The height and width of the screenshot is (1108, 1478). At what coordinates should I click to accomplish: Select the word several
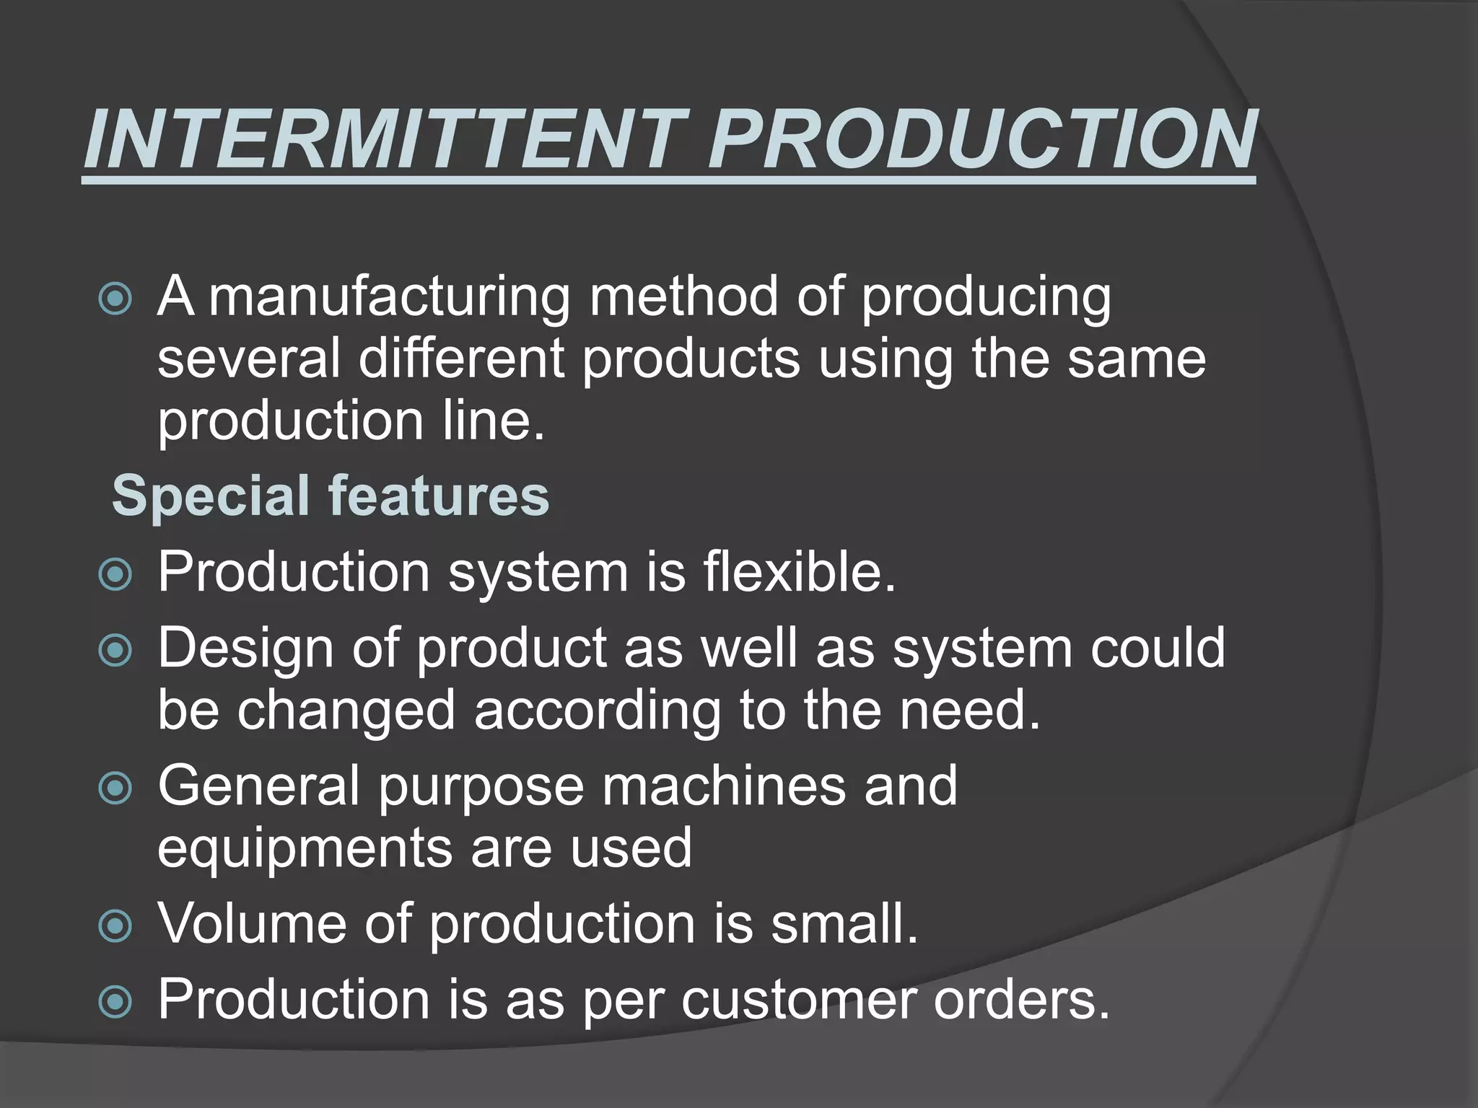(248, 359)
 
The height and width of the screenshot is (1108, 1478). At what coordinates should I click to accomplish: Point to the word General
(258, 786)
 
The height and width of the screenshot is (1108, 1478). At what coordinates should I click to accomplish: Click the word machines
(723, 786)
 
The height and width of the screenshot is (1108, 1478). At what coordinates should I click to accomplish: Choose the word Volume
(252, 923)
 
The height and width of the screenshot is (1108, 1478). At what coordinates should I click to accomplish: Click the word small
(844, 923)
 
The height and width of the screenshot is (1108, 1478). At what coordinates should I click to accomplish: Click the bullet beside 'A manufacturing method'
(115, 299)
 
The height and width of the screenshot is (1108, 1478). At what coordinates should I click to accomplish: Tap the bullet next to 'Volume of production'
(115, 925)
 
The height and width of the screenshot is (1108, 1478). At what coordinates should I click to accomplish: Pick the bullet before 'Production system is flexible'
(115, 574)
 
